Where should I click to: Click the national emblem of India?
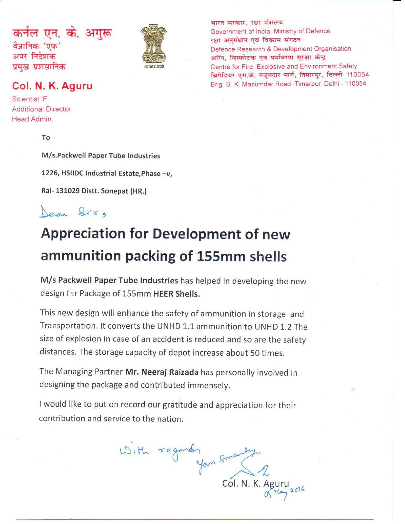(154, 47)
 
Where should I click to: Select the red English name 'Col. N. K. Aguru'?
(52, 86)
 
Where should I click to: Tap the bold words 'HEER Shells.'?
(177, 293)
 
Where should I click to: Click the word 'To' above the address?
(46, 138)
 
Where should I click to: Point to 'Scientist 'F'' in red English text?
(30, 99)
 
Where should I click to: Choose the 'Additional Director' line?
(42, 109)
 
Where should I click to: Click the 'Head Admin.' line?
(32, 119)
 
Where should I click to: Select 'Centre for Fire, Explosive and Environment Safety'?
(284, 66)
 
